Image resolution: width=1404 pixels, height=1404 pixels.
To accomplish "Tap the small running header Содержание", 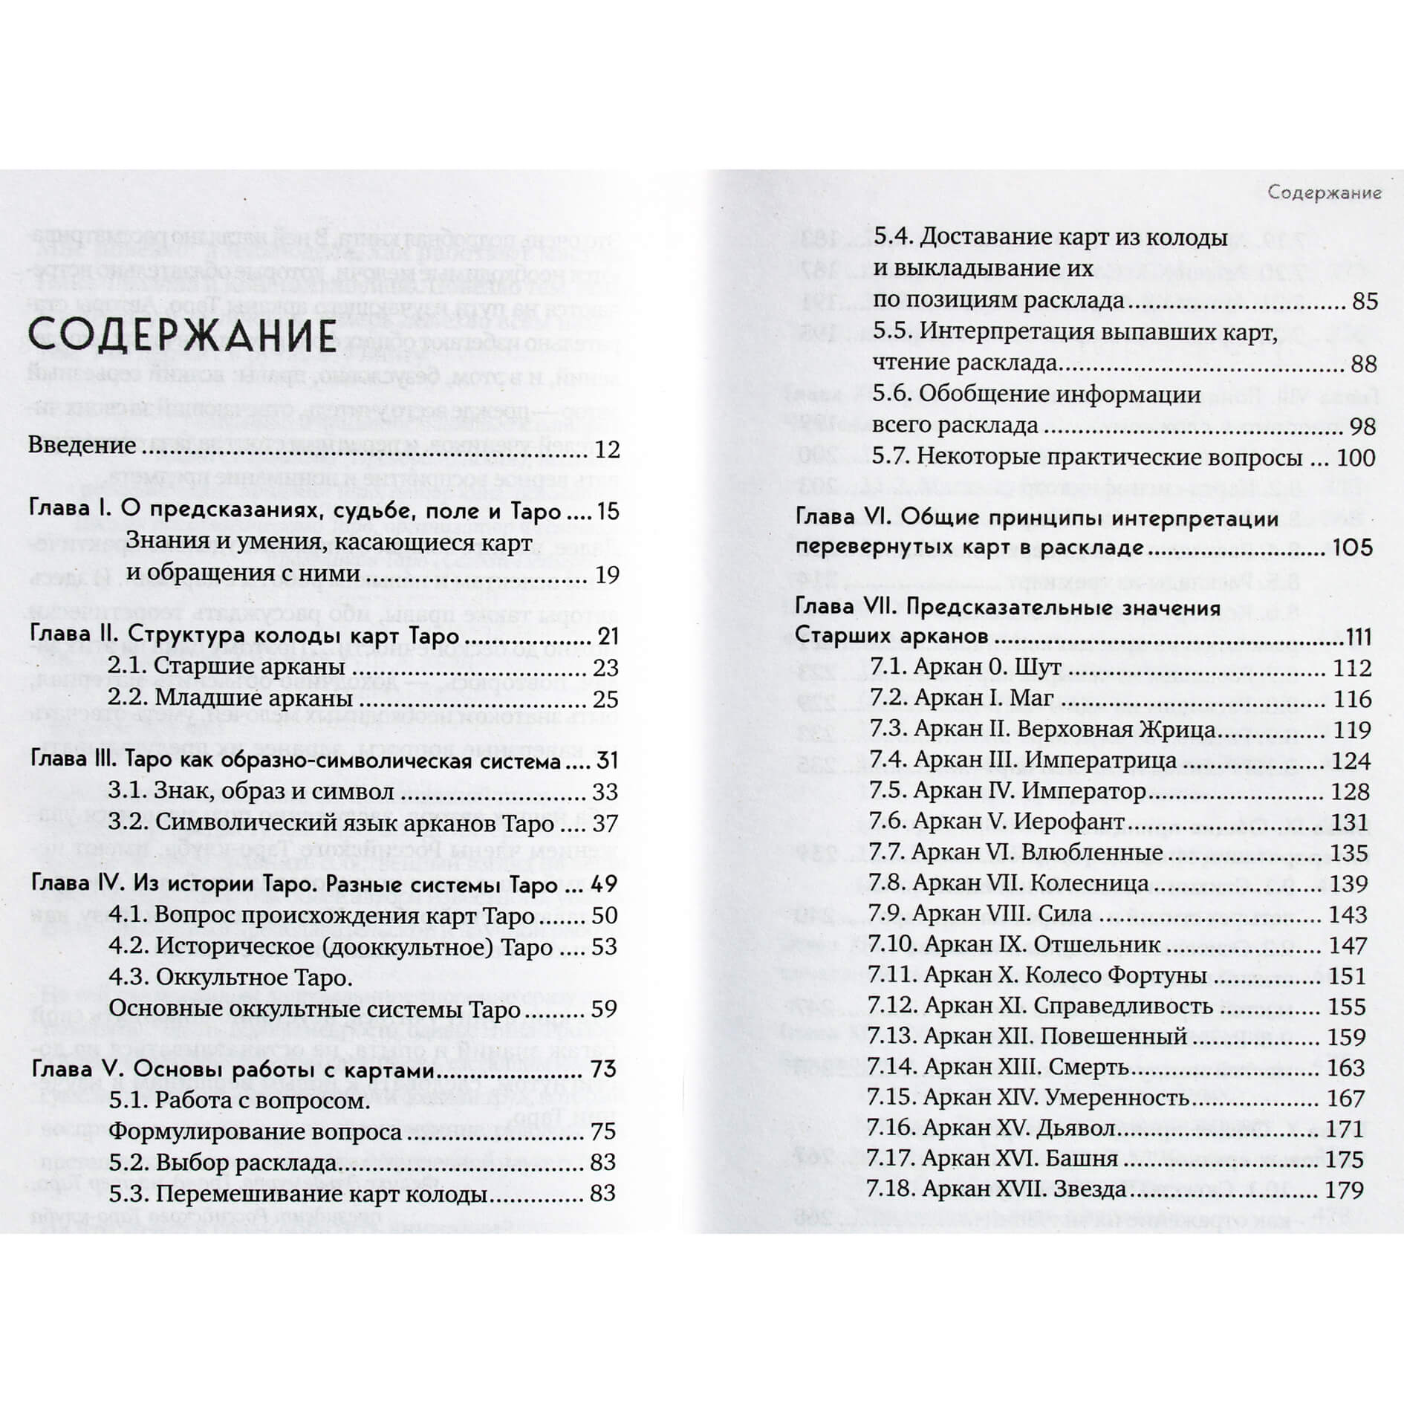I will [1325, 193].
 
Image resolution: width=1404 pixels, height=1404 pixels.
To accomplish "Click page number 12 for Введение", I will [606, 449].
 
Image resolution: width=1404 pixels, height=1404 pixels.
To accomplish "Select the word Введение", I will [82, 446].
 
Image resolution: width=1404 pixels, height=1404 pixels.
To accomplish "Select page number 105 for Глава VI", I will [1351, 548].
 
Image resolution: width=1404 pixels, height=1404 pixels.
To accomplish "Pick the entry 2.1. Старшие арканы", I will [227, 667].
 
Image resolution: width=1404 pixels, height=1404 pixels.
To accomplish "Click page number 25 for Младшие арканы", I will [605, 699].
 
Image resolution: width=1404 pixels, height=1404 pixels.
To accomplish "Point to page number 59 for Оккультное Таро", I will [605, 1009].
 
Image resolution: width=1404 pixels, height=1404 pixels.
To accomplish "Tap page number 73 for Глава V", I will [605, 1069].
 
